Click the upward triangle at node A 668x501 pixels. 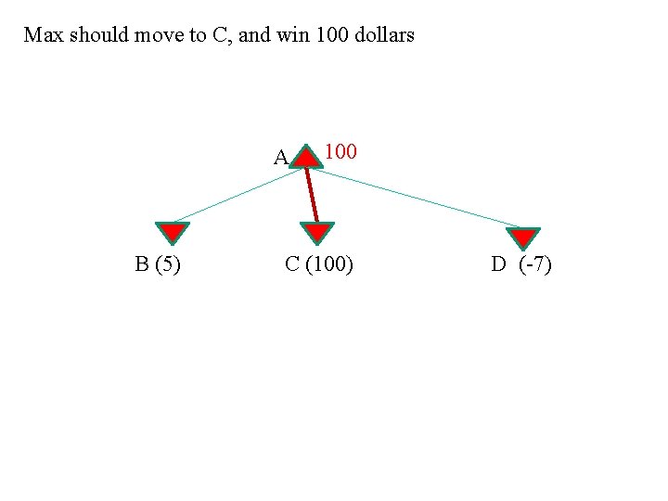click(x=305, y=157)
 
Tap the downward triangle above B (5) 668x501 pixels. click(x=171, y=234)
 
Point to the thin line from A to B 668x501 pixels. click(x=237, y=195)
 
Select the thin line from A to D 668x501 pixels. click(x=417, y=198)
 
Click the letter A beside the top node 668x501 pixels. click(x=280, y=157)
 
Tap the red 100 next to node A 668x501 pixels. click(x=340, y=150)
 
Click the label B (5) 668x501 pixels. click(x=158, y=265)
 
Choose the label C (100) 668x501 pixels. click(x=318, y=265)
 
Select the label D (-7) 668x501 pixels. click(x=521, y=265)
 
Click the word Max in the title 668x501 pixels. click(x=43, y=36)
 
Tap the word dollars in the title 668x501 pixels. click(x=384, y=36)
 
